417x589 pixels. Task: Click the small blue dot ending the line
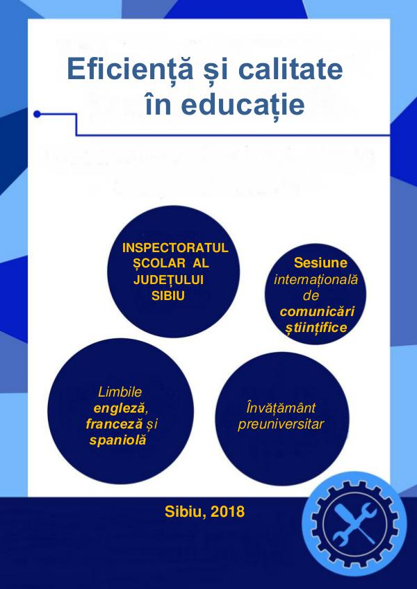coord(37,114)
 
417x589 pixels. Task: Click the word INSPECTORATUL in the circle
coord(175,248)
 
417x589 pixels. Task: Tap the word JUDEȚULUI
coord(168,281)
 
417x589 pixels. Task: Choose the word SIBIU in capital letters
coord(168,296)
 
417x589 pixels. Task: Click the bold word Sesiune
coord(320,263)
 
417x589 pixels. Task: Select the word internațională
coord(316,280)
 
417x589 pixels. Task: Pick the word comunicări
coord(318,311)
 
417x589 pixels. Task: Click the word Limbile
coord(120,392)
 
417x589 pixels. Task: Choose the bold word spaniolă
coord(117,440)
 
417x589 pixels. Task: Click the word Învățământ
coord(281,408)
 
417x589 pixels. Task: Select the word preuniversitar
coord(281,424)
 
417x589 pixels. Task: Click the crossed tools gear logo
coord(354,524)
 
